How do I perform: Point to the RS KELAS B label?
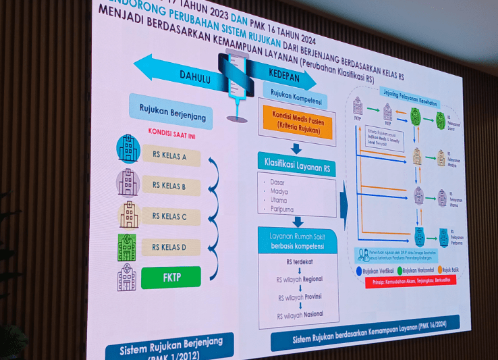click(x=170, y=186)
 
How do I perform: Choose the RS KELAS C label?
click(x=171, y=217)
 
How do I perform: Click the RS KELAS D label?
click(x=171, y=247)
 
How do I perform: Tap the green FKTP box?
click(x=171, y=277)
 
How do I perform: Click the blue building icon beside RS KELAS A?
click(x=128, y=149)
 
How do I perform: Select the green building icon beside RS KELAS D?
click(x=126, y=248)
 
